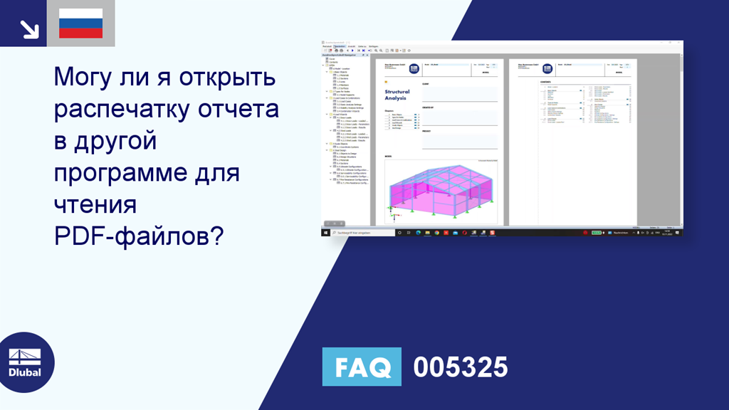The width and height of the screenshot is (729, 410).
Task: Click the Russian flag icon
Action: click(80, 23)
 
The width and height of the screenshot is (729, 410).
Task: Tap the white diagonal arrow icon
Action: click(28, 28)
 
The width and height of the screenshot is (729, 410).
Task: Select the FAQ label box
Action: click(362, 367)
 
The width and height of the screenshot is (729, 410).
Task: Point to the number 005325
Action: click(461, 367)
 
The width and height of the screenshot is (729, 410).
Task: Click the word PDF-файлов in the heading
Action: click(135, 236)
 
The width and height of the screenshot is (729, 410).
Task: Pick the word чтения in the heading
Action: click(95, 204)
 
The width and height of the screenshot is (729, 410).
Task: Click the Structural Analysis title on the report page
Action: click(397, 95)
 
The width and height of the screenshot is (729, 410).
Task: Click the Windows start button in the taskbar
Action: click(325, 233)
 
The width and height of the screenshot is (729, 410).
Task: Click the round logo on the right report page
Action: click(547, 69)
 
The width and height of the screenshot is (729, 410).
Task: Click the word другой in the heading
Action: click(114, 141)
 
